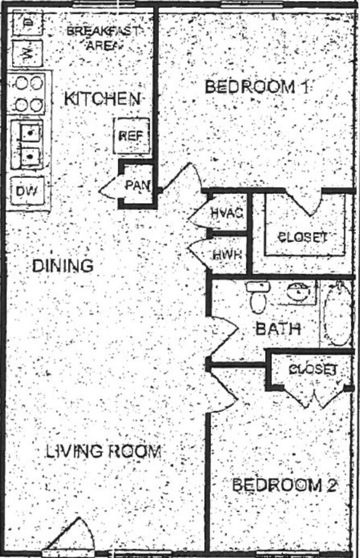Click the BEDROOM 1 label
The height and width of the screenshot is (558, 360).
pyautogui.click(x=258, y=87)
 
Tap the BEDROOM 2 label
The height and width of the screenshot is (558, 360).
pyautogui.click(x=285, y=485)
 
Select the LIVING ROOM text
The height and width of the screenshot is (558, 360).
pyautogui.click(x=103, y=451)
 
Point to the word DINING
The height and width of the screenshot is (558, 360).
pyautogui.click(x=63, y=266)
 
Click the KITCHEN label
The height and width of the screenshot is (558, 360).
pyautogui.click(x=102, y=99)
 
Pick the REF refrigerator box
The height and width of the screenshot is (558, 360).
pyautogui.click(x=131, y=136)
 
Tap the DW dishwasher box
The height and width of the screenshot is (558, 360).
pyautogui.click(x=27, y=191)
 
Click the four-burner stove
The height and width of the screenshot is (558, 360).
pyautogui.click(x=27, y=93)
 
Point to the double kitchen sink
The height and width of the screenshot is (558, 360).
pyautogui.click(x=28, y=143)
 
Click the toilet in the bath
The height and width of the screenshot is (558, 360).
pyautogui.click(x=258, y=297)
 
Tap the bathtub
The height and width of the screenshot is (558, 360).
pyautogui.click(x=338, y=314)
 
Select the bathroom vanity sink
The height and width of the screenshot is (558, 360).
pyautogui.click(x=297, y=293)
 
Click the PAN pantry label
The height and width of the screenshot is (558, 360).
pyautogui.click(x=137, y=185)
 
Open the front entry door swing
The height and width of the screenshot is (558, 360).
pyautogui.click(x=71, y=537)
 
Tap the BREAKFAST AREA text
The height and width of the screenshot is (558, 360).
pyautogui.click(x=102, y=37)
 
